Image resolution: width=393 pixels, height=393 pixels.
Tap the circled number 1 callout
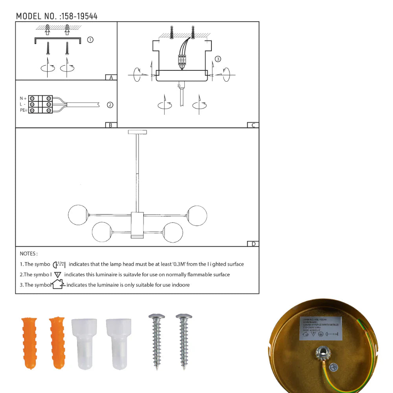point(90,40)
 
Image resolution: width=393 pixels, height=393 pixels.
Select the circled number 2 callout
point(110,105)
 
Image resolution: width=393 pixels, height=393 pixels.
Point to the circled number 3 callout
point(218,59)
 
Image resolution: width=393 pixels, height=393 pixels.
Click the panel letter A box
point(111,77)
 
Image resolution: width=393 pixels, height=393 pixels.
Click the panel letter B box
point(111,125)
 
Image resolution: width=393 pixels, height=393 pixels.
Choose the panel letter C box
point(253,125)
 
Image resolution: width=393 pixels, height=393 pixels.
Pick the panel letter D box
point(253,244)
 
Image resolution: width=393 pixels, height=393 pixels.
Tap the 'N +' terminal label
point(23,98)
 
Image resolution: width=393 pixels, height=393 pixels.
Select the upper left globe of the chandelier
point(77,215)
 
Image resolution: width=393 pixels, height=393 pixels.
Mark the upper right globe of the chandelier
point(196,215)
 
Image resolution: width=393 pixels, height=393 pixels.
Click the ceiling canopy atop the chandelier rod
point(137,132)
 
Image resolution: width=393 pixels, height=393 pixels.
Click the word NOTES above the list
point(28,254)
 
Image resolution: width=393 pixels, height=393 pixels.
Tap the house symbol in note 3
point(58,284)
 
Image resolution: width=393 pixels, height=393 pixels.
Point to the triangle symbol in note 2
point(58,275)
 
